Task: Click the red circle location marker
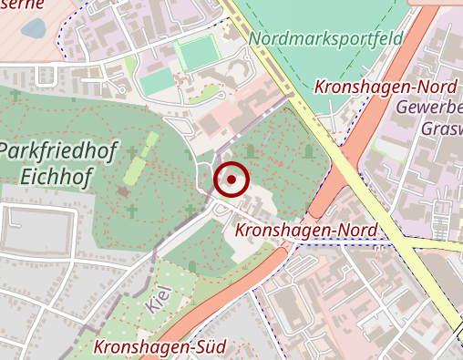[231, 180]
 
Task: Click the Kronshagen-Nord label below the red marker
[306, 230]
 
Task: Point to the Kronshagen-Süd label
[159, 346]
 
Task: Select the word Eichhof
[56, 176]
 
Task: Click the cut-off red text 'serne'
[20, 5]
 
